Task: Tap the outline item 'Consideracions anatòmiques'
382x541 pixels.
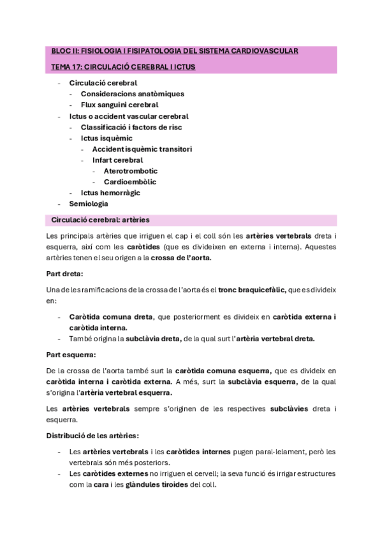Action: (132, 94)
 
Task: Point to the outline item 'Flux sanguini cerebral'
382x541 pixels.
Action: (119, 105)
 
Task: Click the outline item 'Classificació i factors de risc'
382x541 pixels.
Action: (131, 127)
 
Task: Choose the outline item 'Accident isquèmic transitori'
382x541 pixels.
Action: (142, 149)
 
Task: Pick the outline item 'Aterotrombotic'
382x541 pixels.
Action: (131, 171)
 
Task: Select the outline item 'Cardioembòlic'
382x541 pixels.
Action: (129, 182)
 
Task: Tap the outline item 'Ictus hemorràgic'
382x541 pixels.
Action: (110, 193)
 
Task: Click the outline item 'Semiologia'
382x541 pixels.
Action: (89, 204)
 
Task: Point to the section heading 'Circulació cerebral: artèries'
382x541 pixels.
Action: (100, 220)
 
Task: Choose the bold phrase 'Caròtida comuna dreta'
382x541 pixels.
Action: (111, 316)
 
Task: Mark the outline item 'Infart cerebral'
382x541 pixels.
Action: (117, 160)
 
